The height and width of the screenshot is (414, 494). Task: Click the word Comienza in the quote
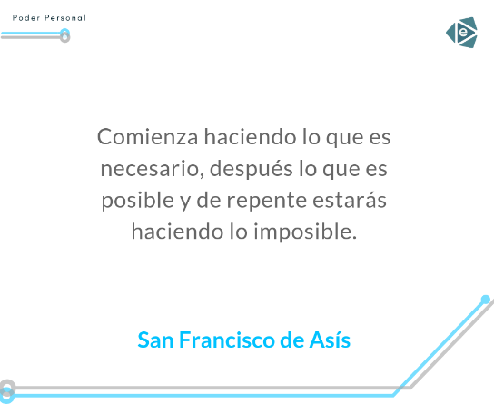pyautogui.click(x=147, y=137)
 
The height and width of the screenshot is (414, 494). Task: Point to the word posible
pyautogui.click(x=138, y=201)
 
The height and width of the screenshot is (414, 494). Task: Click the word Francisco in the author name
pyautogui.click(x=227, y=340)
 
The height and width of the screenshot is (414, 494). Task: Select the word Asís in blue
pyautogui.click(x=330, y=340)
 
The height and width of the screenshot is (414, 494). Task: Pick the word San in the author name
pyautogui.click(x=155, y=340)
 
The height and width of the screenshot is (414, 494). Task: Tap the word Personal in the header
pyautogui.click(x=65, y=17)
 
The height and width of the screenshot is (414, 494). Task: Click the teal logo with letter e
pyautogui.click(x=461, y=33)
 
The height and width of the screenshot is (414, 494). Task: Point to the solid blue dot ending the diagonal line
pyautogui.click(x=486, y=299)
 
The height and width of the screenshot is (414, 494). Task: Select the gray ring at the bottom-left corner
pyautogui.click(x=7, y=388)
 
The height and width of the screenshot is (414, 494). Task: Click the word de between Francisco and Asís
pyautogui.click(x=292, y=340)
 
